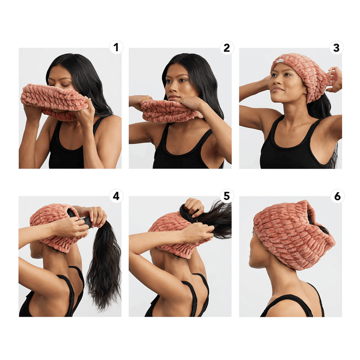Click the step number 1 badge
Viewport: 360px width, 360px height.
pos(115,48)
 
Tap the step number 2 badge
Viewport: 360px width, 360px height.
pos(226,48)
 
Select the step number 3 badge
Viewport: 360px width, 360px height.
pos(336,48)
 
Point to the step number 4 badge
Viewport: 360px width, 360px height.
pos(115,196)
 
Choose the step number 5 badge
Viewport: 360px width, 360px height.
pos(226,196)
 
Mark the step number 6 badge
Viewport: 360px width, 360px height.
pos(336,196)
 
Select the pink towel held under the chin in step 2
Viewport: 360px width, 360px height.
pos(166,111)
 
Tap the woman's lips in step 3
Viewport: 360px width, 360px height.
pos(277,90)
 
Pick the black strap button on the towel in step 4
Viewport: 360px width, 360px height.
pos(86,221)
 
